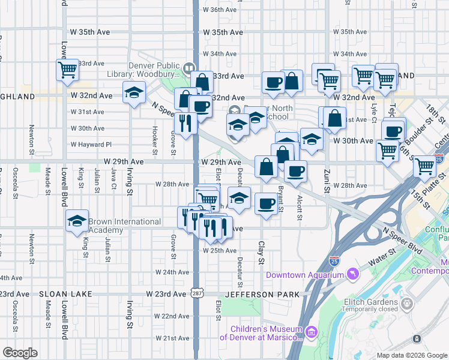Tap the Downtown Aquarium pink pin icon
click(x=354, y=275)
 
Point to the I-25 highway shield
click(x=334, y=261)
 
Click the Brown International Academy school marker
click(x=77, y=222)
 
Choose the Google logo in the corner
click(x=20, y=353)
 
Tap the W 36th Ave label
click(x=220, y=10)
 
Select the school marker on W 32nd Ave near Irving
click(x=133, y=92)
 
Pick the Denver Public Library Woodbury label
click(x=154, y=70)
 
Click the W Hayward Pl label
click(x=91, y=145)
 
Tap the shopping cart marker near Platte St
click(x=424, y=165)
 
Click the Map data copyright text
click(x=411, y=355)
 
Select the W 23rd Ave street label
click(x=166, y=294)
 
